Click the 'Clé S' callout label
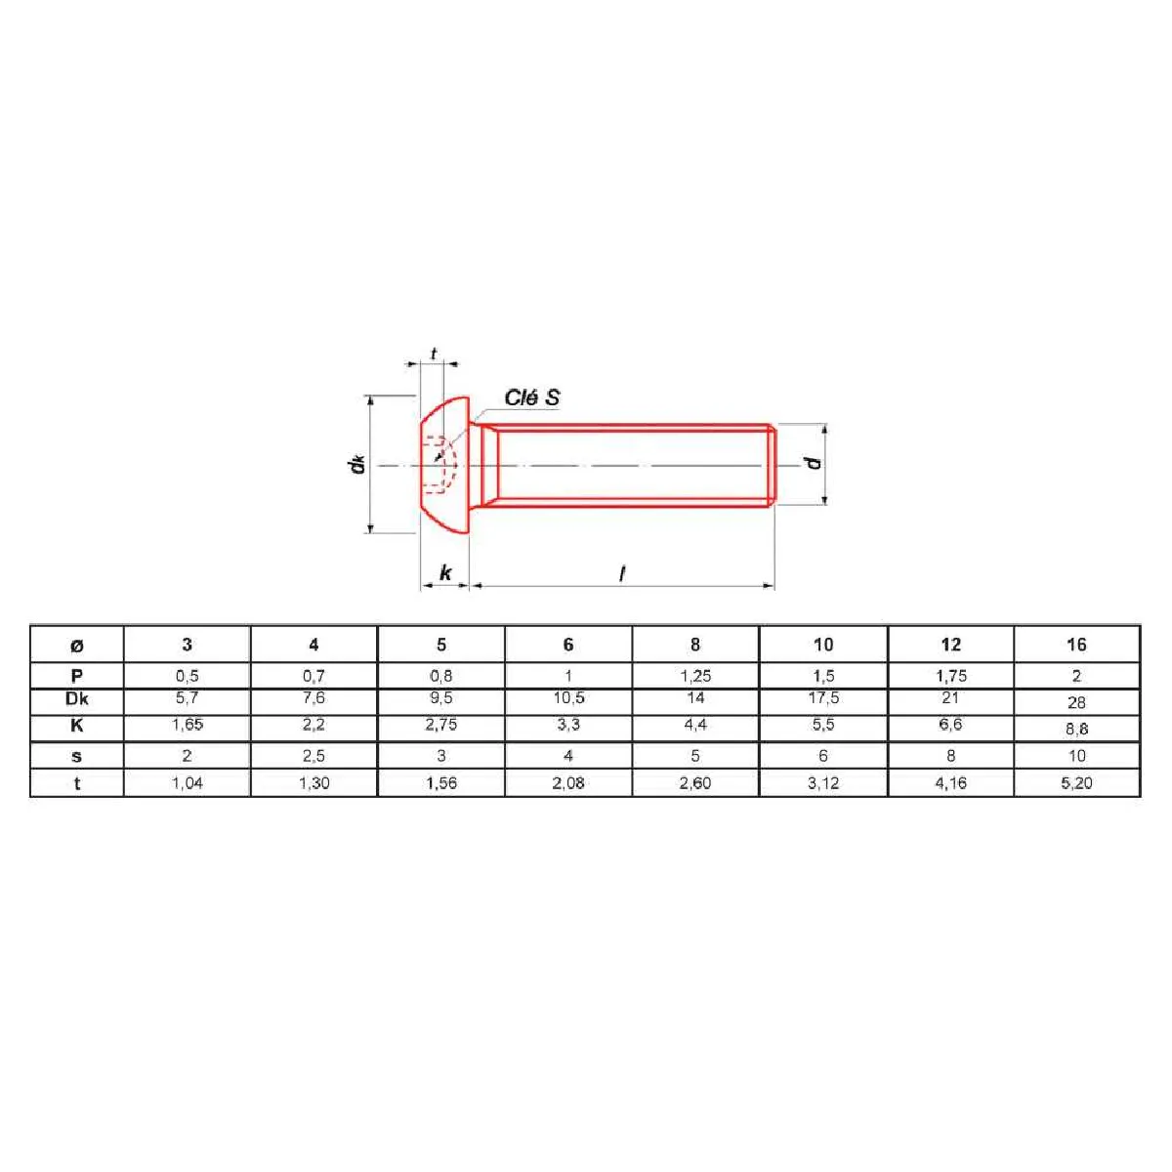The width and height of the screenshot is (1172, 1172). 531,398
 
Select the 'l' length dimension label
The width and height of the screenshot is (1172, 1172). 622,573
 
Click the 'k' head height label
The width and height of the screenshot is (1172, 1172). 445,573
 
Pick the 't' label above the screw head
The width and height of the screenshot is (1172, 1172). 433,354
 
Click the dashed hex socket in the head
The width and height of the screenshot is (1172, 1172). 440,465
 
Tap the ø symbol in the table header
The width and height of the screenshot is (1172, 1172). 76,646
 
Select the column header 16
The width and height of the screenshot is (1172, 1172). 1076,645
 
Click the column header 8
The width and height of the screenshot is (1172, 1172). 695,645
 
